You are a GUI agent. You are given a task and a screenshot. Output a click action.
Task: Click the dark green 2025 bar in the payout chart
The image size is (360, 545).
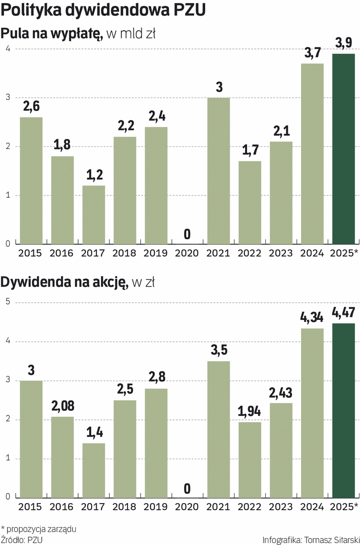[344, 149]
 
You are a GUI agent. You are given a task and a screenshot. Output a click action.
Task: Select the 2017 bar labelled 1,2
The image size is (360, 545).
[94, 215]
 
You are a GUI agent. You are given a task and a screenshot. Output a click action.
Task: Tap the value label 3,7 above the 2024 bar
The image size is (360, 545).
[313, 52]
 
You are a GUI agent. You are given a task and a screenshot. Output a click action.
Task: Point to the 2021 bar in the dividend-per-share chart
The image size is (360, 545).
[219, 429]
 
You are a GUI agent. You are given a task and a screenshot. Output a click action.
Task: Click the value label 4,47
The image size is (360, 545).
[344, 312]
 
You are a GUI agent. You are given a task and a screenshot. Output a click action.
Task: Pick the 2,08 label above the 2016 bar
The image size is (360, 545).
[63, 406]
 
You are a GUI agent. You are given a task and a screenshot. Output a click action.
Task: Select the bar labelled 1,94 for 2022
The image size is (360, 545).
[250, 460]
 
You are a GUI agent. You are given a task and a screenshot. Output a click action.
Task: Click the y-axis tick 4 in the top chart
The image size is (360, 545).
[8, 48]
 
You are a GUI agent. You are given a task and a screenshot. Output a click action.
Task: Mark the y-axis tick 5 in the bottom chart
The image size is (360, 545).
[8, 302]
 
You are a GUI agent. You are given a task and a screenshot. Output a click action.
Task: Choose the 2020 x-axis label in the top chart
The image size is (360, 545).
[187, 253]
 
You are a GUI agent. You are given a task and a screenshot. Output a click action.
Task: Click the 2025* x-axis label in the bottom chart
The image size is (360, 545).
[344, 506]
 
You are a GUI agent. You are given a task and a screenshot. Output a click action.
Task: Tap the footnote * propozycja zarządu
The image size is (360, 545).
[39, 529]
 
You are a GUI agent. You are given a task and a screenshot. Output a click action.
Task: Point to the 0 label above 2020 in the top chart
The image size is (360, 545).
[187, 234]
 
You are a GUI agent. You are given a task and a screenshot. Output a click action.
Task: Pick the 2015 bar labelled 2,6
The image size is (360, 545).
[31, 181]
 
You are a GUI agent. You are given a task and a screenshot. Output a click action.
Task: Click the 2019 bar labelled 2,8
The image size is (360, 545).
[156, 443]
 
